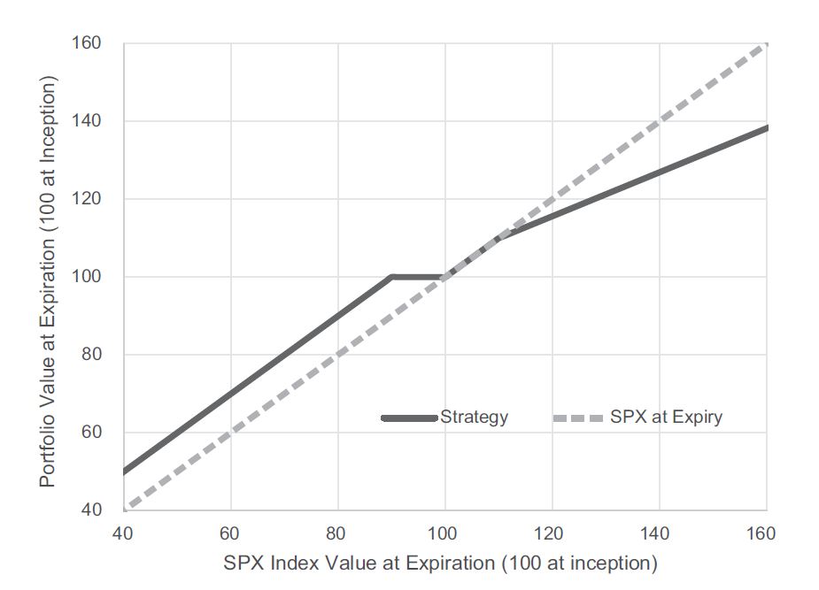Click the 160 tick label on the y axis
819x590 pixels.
(88, 43)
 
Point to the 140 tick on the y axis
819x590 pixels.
(88, 121)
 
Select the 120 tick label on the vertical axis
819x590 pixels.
(88, 199)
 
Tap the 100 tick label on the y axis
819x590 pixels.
(88, 277)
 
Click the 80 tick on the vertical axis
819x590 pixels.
(92, 355)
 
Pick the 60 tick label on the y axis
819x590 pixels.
(92, 433)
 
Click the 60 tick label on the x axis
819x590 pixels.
(230, 533)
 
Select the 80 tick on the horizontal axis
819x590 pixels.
(337, 533)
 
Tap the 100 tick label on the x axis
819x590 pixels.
(444, 533)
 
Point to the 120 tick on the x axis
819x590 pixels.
(552, 533)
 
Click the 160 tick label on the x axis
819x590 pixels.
(761, 533)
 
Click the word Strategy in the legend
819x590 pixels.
(475, 418)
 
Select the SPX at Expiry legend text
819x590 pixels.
(666, 418)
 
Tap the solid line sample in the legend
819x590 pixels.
(409, 418)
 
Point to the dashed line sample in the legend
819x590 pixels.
(578, 418)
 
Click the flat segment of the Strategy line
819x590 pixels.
(416, 277)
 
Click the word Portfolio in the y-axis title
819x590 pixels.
(48, 455)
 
